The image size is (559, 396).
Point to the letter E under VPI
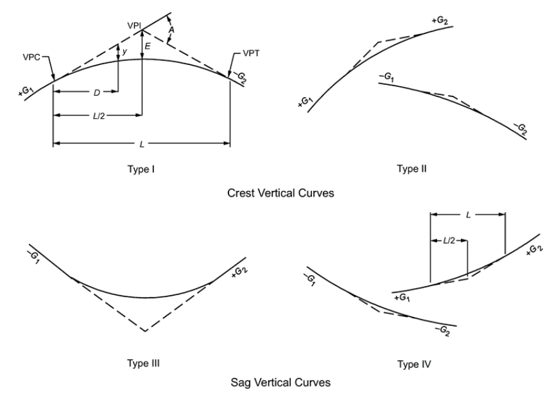pos(148,46)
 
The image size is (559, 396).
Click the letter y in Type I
pos(125,50)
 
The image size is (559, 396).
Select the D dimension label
pos(97,92)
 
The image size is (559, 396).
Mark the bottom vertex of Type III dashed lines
pos(145,331)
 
